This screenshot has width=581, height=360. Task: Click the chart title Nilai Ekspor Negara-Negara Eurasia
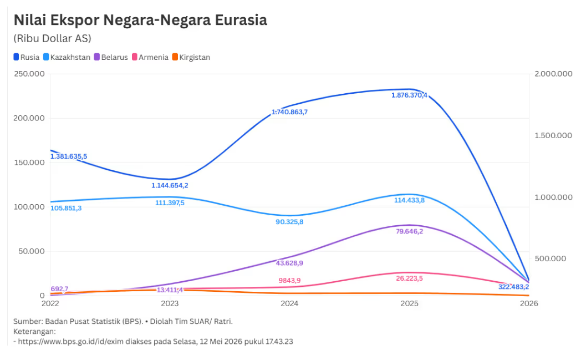pos(140,20)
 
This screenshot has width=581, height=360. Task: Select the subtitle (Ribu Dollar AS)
pos(52,39)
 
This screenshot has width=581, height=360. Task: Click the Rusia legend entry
pos(26,57)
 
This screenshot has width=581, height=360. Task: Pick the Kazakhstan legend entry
pos(67,57)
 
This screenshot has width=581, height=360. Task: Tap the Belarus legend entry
pos(111,57)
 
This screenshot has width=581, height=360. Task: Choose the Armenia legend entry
pos(150,57)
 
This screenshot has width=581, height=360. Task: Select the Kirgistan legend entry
pos(191,57)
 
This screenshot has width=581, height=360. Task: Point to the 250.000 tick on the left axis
pos(29,74)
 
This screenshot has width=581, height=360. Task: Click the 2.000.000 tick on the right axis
pos(553,74)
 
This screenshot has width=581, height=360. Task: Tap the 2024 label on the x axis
pos(289,303)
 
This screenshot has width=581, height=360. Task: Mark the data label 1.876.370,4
pos(410,95)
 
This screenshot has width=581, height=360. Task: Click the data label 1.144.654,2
pos(170,185)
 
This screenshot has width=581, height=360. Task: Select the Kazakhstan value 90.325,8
pos(289,222)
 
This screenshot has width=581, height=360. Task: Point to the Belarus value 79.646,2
pos(410,231)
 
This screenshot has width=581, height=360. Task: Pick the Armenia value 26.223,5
pos(410,278)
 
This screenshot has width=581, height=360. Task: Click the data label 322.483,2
pos(513,287)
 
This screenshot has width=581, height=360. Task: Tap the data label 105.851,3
pos(66,208)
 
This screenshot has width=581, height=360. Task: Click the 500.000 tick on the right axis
pos(551,258)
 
